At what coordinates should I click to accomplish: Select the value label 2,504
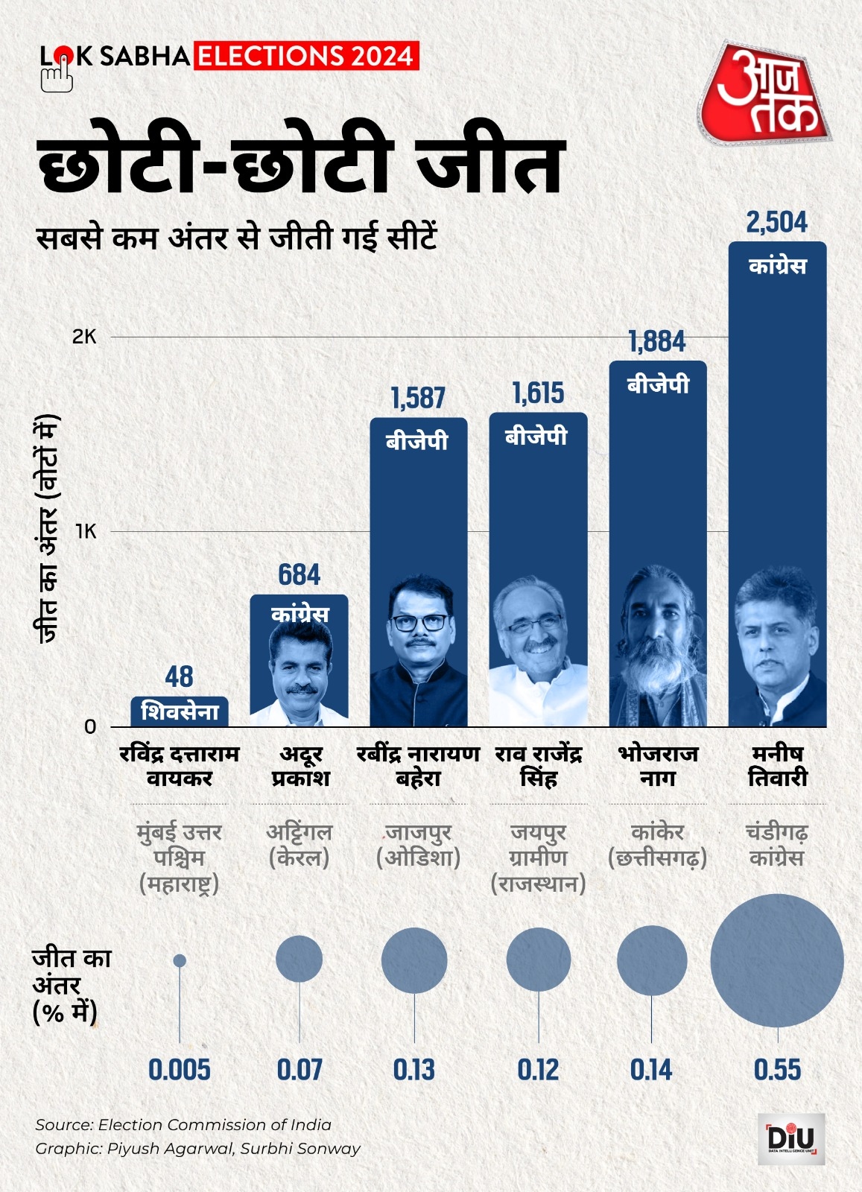[776, 222]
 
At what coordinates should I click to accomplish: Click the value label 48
[179, 676]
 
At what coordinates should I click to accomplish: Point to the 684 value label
[299, 574]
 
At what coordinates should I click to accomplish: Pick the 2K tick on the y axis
[84, 337]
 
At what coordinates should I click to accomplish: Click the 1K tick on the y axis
[86, 531]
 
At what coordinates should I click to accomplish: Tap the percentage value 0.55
[777, 1070]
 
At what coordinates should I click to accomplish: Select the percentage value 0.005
[180, 1070]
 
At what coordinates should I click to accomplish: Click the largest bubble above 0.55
[777, 960]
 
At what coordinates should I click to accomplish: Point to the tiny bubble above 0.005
[180, 960]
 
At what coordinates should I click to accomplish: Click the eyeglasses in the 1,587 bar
[419, 622]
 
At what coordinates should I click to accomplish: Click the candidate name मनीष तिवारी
[777, 766]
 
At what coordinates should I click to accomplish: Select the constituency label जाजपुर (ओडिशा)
[419, 845]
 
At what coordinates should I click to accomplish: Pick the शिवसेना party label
[180, 711]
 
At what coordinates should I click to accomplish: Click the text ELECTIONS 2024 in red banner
[306, 57]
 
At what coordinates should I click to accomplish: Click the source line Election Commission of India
[183, 1124]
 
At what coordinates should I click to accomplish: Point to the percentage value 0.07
[300, 1070]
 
